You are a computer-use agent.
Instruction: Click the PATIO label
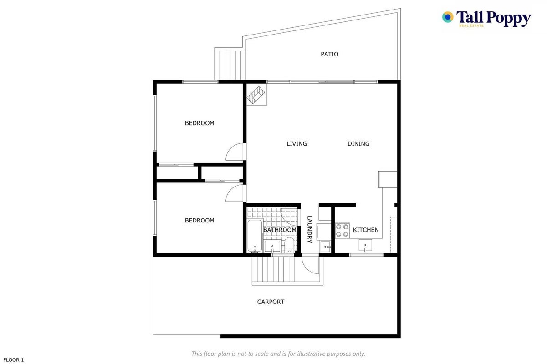[x=329, y=54]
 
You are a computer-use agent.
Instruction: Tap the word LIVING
[x=297, y=143]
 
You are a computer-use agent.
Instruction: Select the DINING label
[x=358, y=143]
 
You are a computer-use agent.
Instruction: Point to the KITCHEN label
[x=366, y=230]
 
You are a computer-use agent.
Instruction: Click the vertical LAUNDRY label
[x=309, y=229]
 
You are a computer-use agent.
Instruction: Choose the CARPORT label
[x=271, y=302]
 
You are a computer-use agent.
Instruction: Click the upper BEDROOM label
[x=199, y=123]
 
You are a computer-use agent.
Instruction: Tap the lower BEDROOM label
[x=199, y=220]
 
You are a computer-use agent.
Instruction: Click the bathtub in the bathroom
[x=255, y=236]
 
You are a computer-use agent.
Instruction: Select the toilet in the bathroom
[x=289, y=245]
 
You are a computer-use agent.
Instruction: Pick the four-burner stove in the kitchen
[x=342, y=231]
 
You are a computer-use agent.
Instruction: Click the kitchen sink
[x=365, y=245]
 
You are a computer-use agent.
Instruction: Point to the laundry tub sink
[x=326, y=247]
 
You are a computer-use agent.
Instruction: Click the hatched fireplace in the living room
[x=256, y=95]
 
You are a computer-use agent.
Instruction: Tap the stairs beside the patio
[x=230, y=64]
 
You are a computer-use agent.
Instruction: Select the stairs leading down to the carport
[x=273, y=270]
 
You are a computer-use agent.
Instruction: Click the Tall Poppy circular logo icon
[x=448, y=17]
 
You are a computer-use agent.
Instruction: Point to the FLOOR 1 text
[x=13, y=360]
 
